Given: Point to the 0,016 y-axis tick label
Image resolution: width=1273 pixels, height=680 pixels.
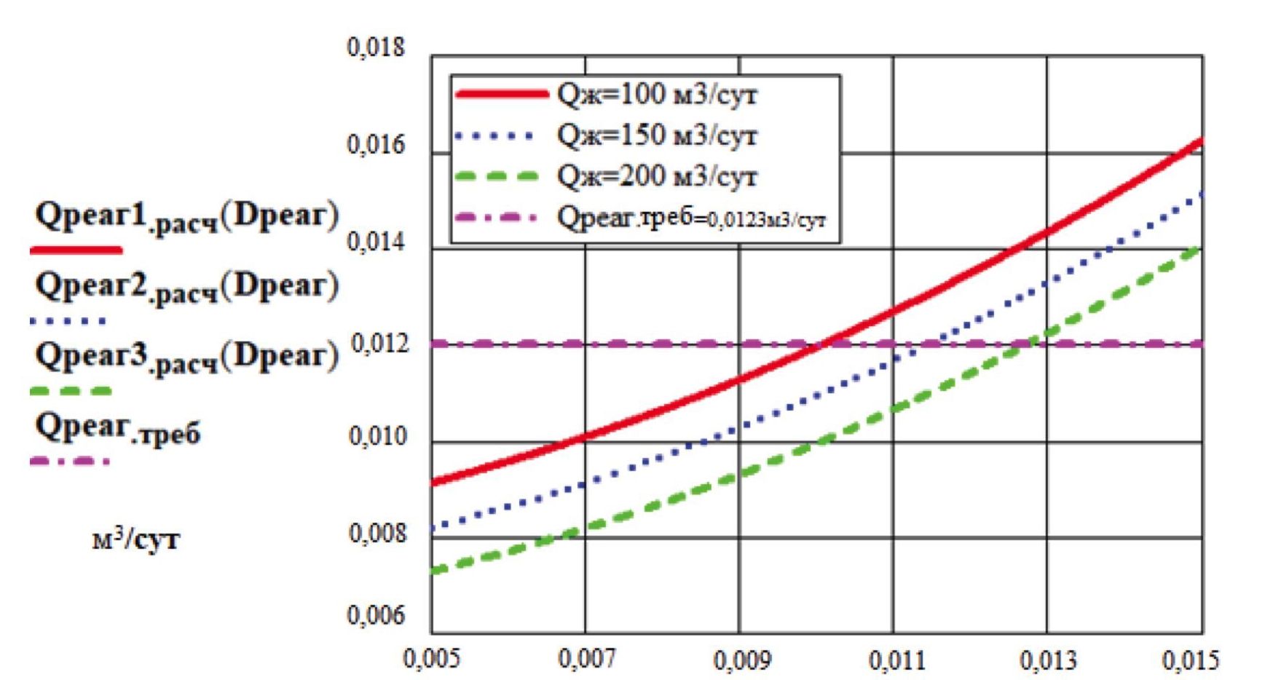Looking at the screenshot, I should [x=376, y=145].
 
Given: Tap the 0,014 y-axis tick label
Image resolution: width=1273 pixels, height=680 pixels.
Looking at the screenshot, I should [x=376, y=242].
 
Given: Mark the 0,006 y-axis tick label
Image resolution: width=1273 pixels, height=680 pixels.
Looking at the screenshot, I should [x=376, y=616].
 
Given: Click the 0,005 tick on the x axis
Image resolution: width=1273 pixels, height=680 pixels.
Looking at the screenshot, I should [x=432, y=659].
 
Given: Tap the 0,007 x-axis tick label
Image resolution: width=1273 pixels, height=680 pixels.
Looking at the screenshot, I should [x=586, y=659].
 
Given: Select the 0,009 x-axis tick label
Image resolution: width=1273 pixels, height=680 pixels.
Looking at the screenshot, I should [x=741, y=660].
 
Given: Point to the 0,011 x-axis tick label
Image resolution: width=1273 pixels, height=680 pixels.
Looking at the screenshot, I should [x=896, y=660].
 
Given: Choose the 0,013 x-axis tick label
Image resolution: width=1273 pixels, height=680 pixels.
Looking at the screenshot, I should [x=1048, y=660].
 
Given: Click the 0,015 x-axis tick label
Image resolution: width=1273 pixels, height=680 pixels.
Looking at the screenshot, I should [x=1190, y=660].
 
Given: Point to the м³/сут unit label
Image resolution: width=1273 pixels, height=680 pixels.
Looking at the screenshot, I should [x=135, y=539].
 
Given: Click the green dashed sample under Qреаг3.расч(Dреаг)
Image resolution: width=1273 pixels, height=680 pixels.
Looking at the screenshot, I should [x=71, y=392].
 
